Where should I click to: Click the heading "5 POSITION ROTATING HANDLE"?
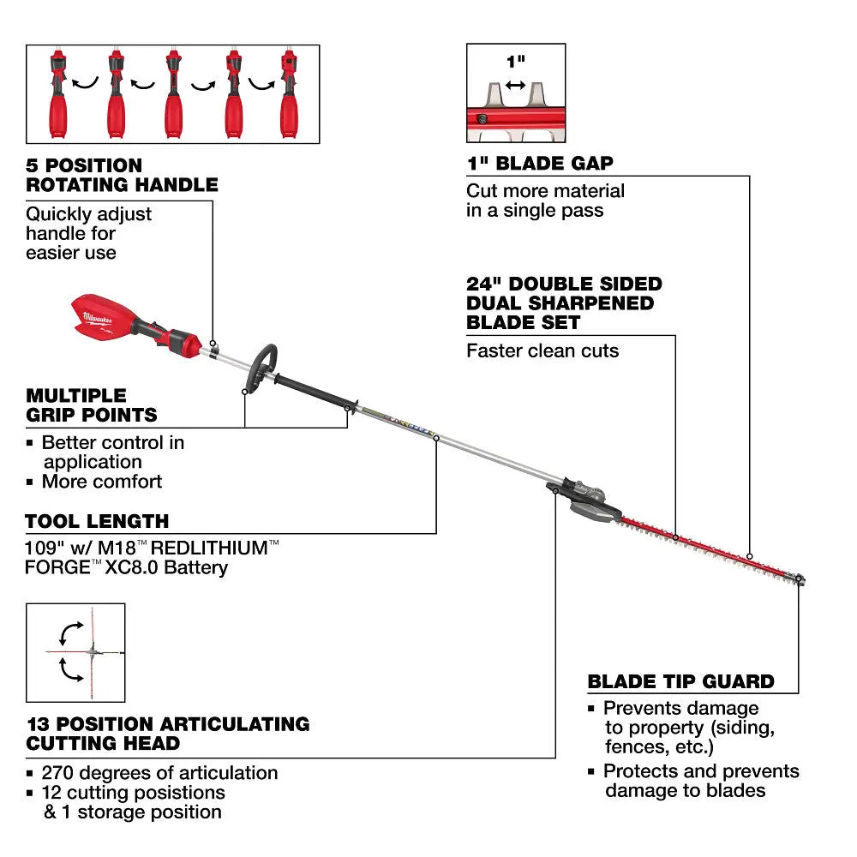tap(122, 174)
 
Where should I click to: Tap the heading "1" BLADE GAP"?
tap(540, 164)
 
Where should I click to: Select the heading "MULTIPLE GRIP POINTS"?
tap(92, 405)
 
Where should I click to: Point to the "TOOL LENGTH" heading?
tap(97, 521)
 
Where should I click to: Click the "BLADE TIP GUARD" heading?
tap(680, 682)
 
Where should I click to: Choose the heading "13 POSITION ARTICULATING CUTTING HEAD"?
tap(167, 734)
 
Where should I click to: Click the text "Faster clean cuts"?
tap(542, 350)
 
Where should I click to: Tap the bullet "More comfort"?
tap(101, 482)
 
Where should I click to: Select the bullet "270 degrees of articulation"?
tap(159, 773)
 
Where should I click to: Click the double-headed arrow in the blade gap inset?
tap(515, 85)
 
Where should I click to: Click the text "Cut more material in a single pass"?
tap(546, 201)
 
